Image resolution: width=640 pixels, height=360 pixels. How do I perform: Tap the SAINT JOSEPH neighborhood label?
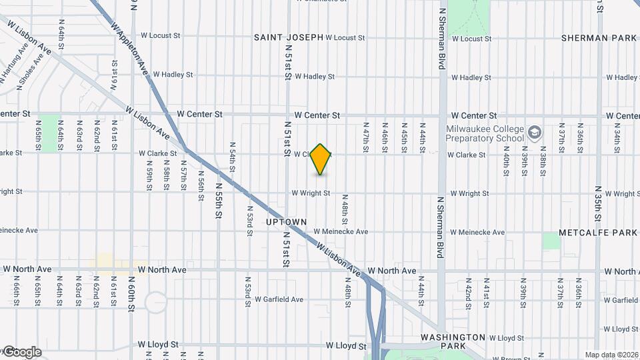point(288,38)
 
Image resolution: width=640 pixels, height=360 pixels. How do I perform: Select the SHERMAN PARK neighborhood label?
point(599,38)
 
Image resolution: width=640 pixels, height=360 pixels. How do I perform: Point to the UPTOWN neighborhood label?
point(286,221)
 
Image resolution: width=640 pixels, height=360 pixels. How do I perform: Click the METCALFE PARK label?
point(598,233)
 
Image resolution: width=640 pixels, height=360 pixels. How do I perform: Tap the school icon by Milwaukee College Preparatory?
point(535,133)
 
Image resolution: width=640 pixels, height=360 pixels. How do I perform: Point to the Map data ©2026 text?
point(611,355)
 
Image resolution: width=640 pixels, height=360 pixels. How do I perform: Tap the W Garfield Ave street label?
point(279,299)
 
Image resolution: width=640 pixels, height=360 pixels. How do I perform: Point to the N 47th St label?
point(365,136)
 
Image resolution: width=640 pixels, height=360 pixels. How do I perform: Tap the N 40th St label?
point(507,163)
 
